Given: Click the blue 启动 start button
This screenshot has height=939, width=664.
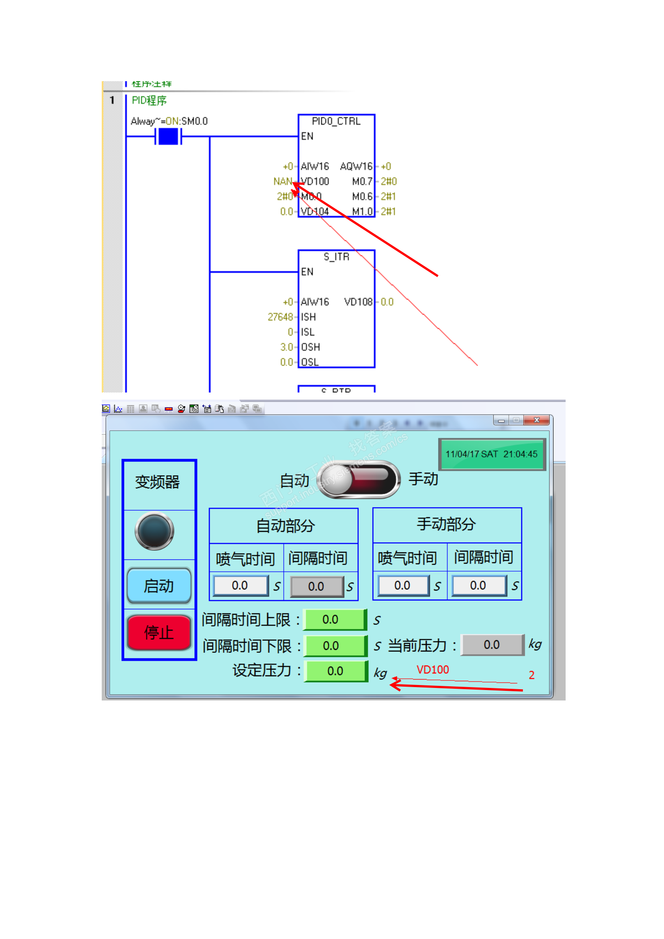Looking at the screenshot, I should (159, 585).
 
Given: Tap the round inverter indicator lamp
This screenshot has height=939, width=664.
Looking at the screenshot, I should (154, 531).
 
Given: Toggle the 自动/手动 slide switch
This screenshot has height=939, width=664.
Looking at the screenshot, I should (358, 480).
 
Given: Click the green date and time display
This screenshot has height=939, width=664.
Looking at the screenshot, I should (492, 454).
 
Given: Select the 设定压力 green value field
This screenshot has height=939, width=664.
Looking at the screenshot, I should (336, 671).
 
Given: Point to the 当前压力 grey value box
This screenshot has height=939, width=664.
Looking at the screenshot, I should (492, 644).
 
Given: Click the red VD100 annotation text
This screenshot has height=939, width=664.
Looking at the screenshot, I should (432, 670).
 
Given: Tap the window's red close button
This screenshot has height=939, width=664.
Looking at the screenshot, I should (536, 420).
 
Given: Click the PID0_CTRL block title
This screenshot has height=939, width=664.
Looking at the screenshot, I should (336, 121).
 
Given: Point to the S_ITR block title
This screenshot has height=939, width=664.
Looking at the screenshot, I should (336, 257).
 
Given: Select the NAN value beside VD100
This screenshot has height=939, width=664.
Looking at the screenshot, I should (283, 181).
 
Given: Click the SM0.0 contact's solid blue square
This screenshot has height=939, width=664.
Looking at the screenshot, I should (168, 136).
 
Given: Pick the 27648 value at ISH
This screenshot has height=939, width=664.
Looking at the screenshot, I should (280, 317).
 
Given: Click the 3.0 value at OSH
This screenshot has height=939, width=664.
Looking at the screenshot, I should (286, 347).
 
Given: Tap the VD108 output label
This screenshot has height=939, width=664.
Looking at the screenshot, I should (358, 302).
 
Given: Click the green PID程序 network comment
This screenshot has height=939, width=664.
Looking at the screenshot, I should (149, 100).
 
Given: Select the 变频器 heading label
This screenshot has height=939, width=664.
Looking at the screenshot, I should (157, 482).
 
